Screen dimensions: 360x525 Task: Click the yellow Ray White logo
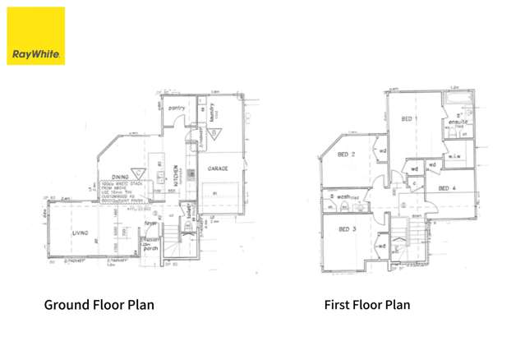coord(35,35)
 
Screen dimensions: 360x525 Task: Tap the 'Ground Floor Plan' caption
coord(99,305)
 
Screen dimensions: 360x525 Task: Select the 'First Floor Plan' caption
coord(366,305)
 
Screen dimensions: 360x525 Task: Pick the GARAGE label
coord(218,168)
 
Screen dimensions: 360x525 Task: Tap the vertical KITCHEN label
coord(176,177)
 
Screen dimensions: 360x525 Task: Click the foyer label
coord(152,221)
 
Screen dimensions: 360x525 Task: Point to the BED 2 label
coord(347,155)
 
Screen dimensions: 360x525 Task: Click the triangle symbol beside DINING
coord(140,173)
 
